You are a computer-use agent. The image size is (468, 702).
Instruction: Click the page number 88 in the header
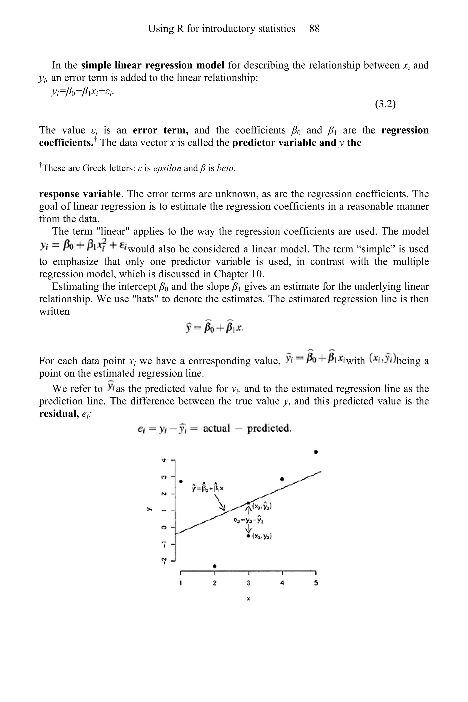click(314, 29)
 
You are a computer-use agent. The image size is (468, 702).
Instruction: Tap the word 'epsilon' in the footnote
click(167, 168)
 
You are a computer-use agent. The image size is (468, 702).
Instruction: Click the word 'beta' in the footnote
click(225, 168)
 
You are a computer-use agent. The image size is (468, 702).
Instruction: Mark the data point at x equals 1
click(180, 481)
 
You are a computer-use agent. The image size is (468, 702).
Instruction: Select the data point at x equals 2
click(215, 566)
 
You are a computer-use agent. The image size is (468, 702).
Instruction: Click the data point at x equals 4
click(282, 479)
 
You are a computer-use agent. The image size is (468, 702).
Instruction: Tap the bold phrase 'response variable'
click(80, 194)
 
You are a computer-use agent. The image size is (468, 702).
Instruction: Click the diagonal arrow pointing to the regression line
click(220, 503)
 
